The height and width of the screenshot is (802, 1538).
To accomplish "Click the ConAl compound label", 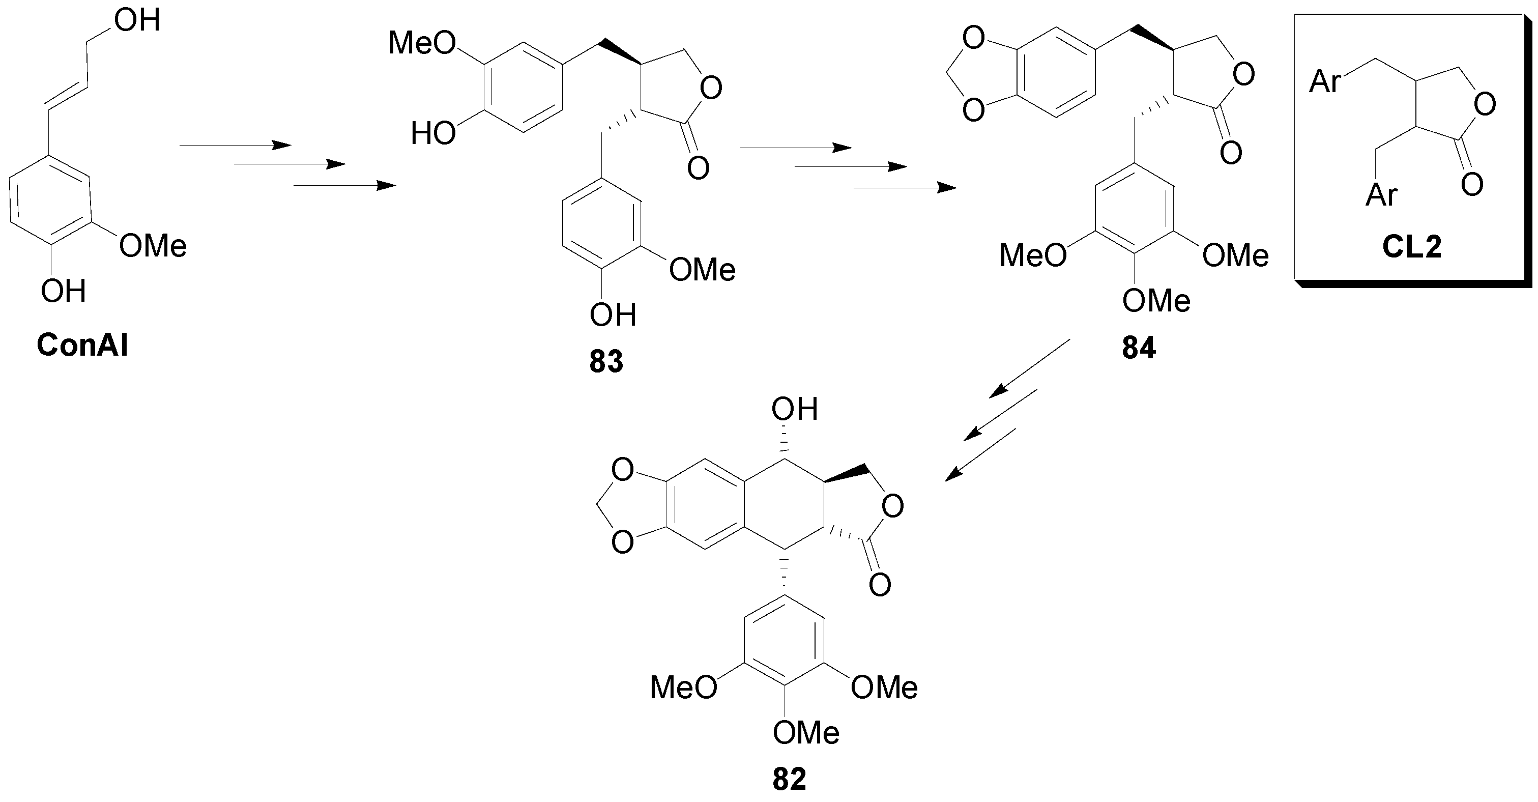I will [x=82, y=345].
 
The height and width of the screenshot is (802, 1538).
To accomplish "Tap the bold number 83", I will [x=606, y=361].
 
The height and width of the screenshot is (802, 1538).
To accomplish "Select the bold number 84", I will [x=1139, y=348].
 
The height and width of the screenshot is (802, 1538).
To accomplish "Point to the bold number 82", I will [x=789, y=779].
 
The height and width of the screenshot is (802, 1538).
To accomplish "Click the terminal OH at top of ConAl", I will [x=137, y=20].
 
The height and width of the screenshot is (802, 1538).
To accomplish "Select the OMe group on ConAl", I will [x=153, y=245].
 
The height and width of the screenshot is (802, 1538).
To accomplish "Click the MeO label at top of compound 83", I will [x=422, y=43].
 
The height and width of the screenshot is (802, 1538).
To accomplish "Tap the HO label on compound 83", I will [x=433, y=134].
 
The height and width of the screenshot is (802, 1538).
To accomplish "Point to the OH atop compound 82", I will [x=794, y=409].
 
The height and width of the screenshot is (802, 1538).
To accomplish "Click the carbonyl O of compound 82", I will [x=880, y=584].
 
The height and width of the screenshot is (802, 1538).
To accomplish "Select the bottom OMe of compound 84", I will [x=1156, y=300].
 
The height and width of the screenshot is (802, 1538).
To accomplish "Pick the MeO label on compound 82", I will [x=683, y=687].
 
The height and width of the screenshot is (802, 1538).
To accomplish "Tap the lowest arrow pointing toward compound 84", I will [x=905, y=188].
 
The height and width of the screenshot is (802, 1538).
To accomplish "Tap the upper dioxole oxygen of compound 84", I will [x=973, y=39].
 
